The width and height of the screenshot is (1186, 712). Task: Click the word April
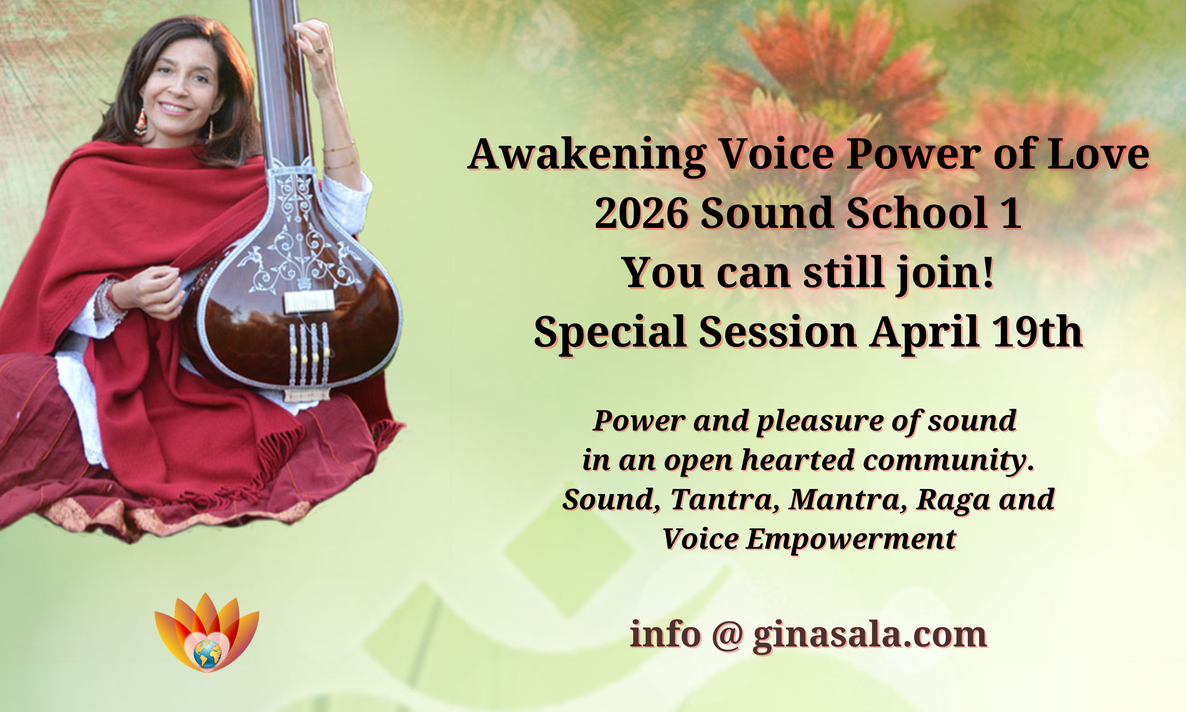click(926, 331)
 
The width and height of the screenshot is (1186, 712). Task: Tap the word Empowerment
click(851, 539)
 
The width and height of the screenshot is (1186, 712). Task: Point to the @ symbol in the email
click(728, 635)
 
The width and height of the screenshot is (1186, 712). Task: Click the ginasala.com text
click(870, 635)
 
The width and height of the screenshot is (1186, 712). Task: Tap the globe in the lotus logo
click(207, 654)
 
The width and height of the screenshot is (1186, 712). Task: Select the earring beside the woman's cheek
click(141, 122)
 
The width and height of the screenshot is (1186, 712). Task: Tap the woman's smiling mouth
click(175, 109)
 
